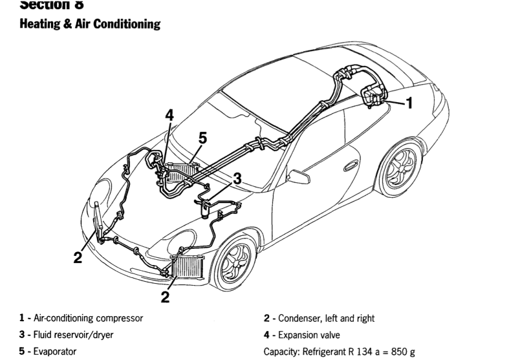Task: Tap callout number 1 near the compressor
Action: (408, 101)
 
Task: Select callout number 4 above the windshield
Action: (169, 116)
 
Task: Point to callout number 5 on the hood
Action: (202, 138)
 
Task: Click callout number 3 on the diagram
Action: (237, 178)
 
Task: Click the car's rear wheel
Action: (399, 170)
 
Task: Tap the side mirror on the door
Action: (299, 176)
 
